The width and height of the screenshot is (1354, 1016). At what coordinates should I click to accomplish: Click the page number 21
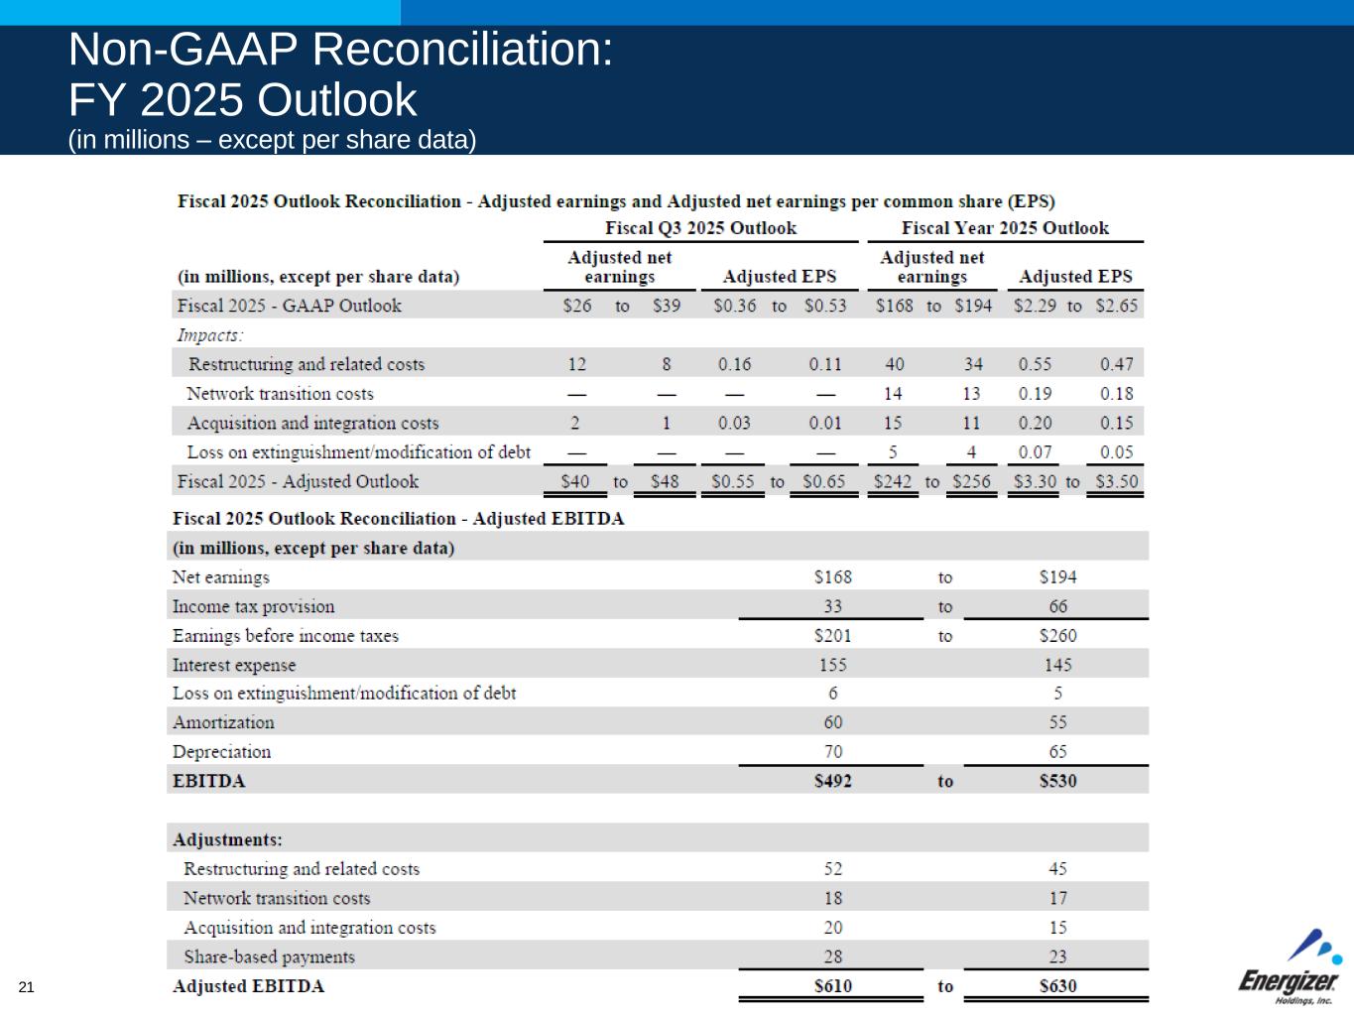(26, 986)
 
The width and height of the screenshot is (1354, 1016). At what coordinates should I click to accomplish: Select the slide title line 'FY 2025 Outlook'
(243, 100)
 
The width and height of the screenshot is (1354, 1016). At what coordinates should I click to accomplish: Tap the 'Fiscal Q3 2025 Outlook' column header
(700, 228)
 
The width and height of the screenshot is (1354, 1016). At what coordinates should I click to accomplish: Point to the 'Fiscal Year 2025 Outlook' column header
(1005, 228)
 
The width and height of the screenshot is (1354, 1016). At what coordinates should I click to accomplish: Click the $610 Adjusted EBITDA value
(832, 986)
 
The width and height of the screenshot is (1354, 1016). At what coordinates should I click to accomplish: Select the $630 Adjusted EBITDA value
(1057, 986)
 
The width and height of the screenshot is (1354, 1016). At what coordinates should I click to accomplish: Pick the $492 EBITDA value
(832, 781)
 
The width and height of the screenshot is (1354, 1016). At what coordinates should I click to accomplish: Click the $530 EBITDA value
(1057, 781)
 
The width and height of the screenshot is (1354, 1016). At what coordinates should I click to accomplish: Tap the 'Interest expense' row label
(234, 665)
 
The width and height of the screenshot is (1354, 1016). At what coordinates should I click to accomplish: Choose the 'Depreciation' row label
(221, 752)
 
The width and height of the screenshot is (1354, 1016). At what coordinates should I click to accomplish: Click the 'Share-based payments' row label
(269, 957)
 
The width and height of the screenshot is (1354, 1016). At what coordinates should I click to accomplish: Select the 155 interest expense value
(832, 665)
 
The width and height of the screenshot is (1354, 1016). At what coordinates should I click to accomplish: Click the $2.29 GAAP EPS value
(1035, 306)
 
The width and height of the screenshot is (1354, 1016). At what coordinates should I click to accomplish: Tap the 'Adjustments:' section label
(227, 840)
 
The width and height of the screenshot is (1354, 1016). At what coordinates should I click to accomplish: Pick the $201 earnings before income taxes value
(832, 636)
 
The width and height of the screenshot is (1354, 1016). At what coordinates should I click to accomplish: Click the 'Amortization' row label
(223, 723)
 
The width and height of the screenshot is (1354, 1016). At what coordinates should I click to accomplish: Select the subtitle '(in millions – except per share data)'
(273, 140)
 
